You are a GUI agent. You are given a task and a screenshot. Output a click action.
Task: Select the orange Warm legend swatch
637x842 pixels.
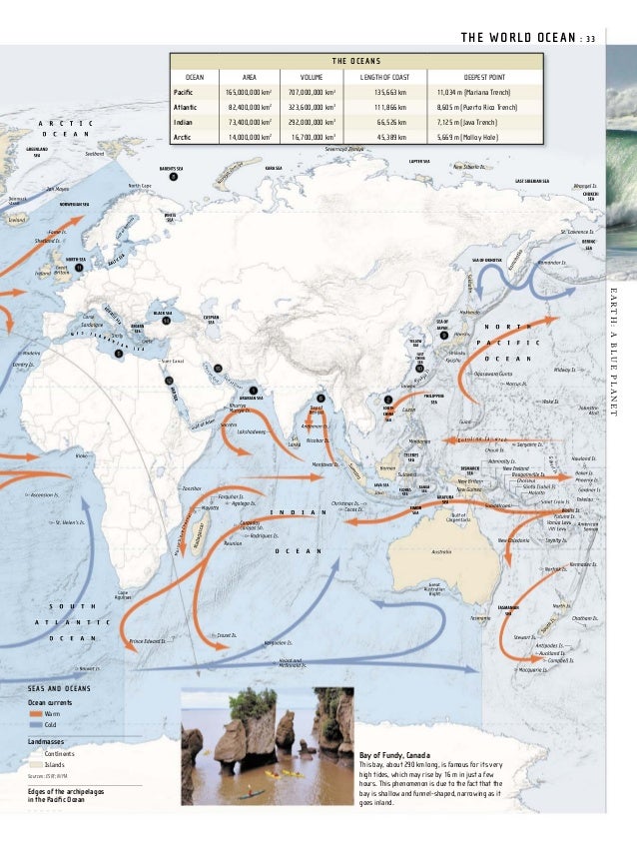(x=37, y=714)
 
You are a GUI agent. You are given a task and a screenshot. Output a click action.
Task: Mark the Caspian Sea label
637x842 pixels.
(x=212, y=320)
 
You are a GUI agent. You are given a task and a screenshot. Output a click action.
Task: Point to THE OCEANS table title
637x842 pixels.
(x=356, y=58)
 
